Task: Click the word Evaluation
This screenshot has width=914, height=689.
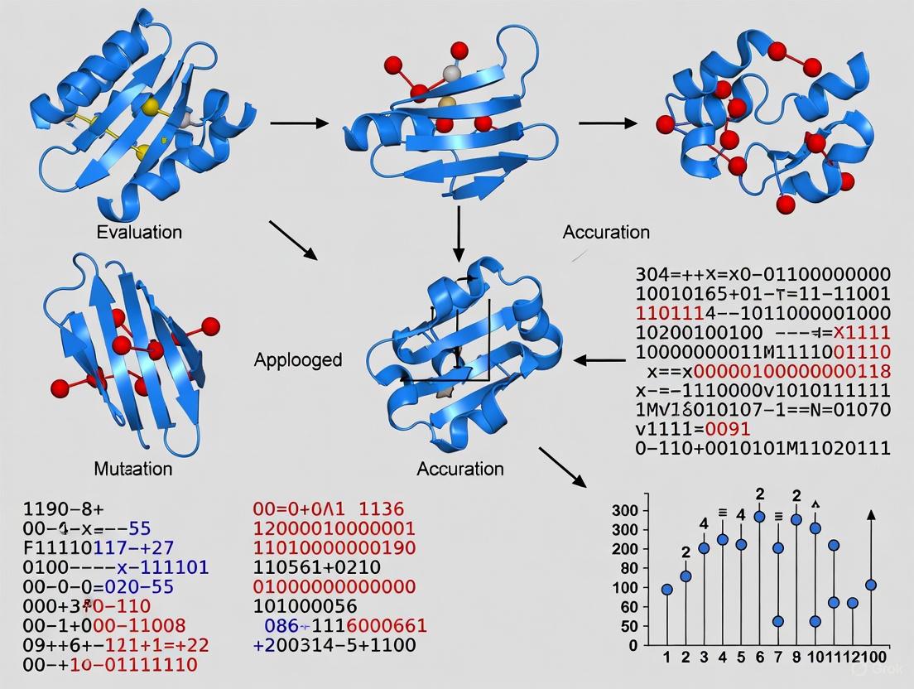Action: pos(138,232)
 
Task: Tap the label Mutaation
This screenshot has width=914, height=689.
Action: pos(132,469)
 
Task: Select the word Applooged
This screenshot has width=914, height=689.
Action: pos(297,359)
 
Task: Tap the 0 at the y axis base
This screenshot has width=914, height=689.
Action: pos(633,645)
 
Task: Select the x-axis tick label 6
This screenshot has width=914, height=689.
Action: pos(759,658)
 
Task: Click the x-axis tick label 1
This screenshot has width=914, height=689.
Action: pos(666,658)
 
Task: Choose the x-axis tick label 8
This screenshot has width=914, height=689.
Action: pos(796,658)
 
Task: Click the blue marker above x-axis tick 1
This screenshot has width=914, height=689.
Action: pos(666,590)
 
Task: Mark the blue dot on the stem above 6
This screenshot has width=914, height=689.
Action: pos(759,516)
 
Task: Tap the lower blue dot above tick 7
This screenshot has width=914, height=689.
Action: pos(777,621)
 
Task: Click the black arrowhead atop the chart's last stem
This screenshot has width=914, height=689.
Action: pos(870,515)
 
